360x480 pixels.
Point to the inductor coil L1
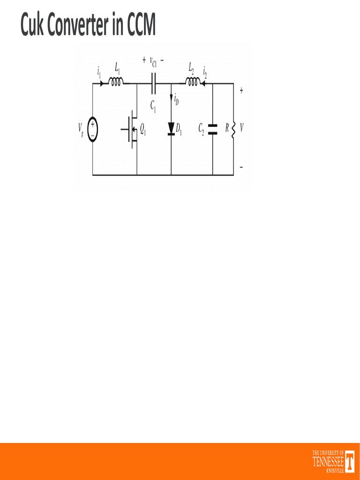pyautogui.click(x=116, y=82)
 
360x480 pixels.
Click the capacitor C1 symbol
pyautogui.click(x=153, y=84)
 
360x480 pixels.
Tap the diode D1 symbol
pyautogui.click(x=171, y=129)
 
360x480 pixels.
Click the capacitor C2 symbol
pyautogui.click(x=212, y=129)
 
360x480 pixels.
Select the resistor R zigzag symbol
pyautogui.click(x=233, y=128)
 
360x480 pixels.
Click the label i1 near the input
pyautogui.click(x=99, y=72)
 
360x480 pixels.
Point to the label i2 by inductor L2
pyautogui.click(x=205, y=72)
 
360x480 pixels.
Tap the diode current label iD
pyautogui.click(x=176, y=99)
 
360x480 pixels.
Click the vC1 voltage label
pyautogui.click(x=153, y=61)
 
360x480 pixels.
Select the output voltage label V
pyautogui.click(x=241, y=128)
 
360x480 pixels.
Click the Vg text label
pyautogui.click(x=81, y=129)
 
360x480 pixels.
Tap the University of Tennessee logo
pyautogui.click(x=333, y=461)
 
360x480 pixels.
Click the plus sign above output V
pyautogui.click(x=241, y=91)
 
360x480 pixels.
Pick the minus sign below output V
pyautogui.click(x=241, y=167)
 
